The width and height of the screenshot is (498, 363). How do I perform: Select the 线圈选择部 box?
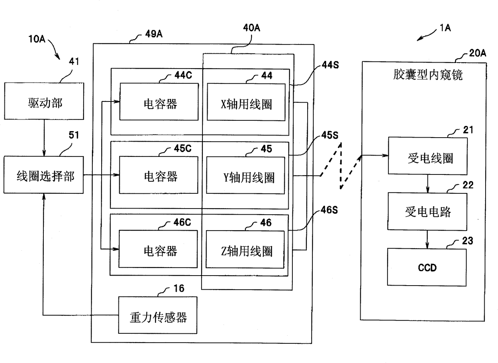(45, 175)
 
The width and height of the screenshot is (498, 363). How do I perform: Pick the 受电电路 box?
(427, 211)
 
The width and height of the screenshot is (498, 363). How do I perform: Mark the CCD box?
(427, 267)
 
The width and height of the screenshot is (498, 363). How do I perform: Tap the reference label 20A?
(478, 53)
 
